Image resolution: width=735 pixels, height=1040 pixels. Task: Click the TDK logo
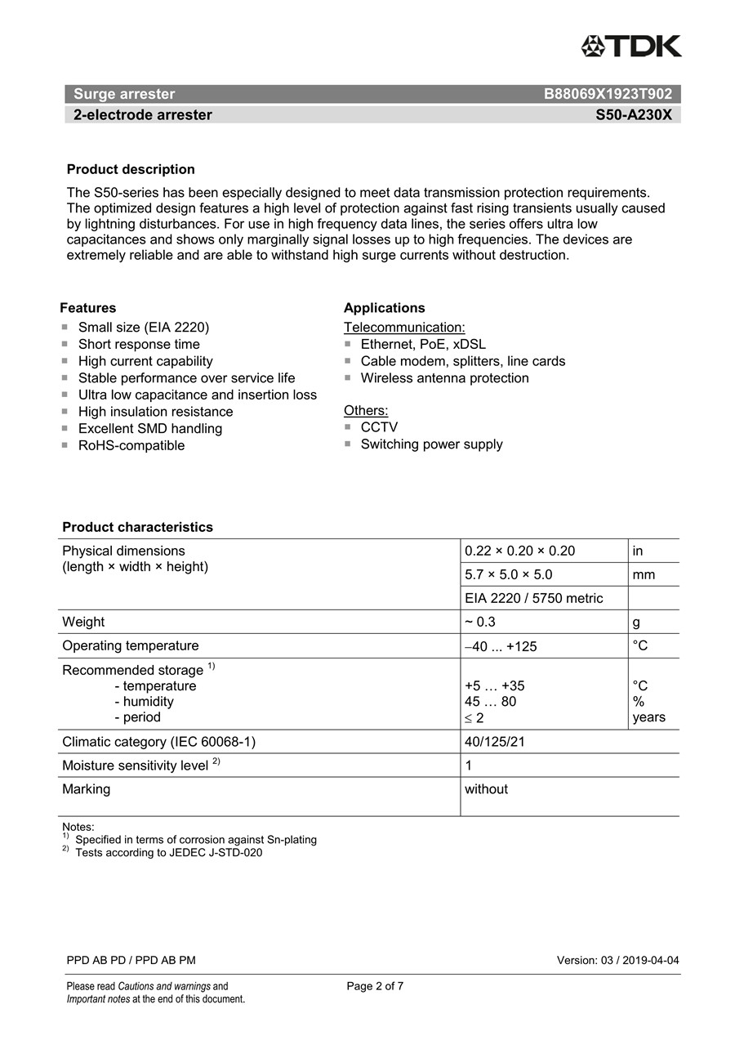[x=630, y=46]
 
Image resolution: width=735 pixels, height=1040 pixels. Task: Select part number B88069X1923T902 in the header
[x=608, y=94]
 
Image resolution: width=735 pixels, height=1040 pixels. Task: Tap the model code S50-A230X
[x=634, y=115]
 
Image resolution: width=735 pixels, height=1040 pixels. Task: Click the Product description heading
[x=131, y=169]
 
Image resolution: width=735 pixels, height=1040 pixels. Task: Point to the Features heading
[x=87, y=308]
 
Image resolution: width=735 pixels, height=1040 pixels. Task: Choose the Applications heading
[x=384, y=308]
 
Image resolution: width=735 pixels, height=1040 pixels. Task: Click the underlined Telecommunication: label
[x=404, y=328]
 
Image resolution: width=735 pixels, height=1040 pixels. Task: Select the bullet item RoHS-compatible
[x=131, y=445]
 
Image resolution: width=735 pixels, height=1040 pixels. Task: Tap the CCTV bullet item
[x=379, y=427]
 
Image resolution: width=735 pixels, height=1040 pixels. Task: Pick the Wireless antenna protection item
[x=444, y=378]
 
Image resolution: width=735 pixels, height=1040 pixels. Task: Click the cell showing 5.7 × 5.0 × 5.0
[x=508, y=574]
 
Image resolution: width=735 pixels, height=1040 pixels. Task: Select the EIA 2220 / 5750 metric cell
[x=533, y=598]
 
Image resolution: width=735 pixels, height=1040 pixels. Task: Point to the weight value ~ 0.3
[x=480, y=622]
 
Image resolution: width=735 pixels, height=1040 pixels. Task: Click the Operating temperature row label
[x=131, y=645]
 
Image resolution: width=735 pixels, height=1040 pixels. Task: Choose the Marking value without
[x=486, y=789]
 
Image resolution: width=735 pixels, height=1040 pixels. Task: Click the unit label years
[x=648, y=717]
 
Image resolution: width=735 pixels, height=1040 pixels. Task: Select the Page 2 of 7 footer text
[x=375, y=986]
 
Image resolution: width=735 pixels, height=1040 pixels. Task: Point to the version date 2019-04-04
[x=650, y=960]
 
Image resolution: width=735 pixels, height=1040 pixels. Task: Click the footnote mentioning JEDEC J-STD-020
[x=168, y=853]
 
